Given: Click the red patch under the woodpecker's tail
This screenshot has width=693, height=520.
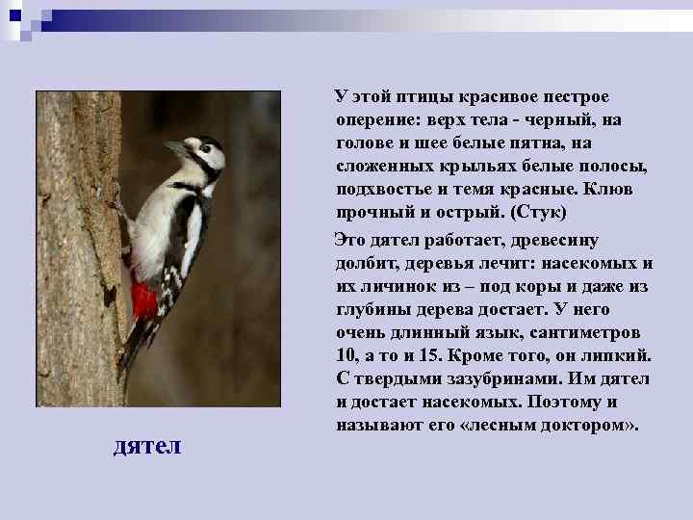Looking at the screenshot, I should tap(144, 299).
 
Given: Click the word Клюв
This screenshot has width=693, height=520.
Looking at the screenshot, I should tap(608, 190).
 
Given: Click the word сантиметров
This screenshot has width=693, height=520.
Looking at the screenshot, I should tap(588, 332).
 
